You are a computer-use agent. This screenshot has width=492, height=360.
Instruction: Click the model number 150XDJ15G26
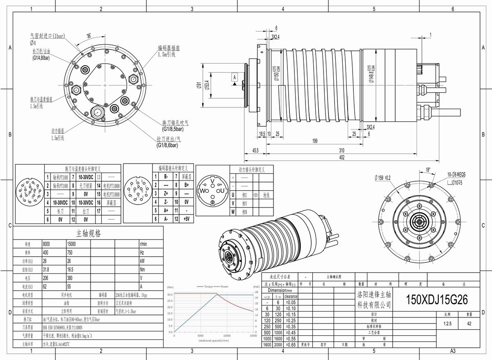click(x=436, y=300)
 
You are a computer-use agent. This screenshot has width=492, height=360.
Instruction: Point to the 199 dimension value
click(x=314, y=141)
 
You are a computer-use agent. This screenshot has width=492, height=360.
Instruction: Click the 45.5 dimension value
click(x=255, y=150)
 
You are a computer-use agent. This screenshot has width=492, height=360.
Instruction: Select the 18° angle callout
click(x=428, y=169)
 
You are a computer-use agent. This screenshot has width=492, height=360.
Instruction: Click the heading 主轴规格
click(x=89, y=234)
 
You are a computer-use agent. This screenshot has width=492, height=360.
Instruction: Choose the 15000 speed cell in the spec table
click(x=72, y=244)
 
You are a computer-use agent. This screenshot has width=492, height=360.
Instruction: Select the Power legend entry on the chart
click(x=224, y=286)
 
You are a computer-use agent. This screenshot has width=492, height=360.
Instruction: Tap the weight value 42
click(x=469, y=323)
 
